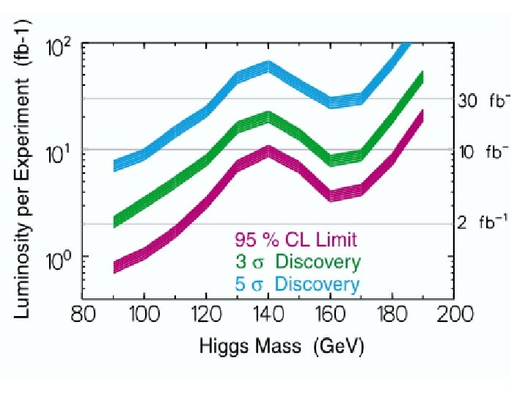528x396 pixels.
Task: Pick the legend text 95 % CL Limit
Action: (x=296, y=239)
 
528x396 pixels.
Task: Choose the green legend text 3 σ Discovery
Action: (x=298, y=262)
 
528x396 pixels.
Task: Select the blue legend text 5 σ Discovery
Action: (x=298, y=284)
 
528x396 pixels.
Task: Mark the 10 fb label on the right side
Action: (x=484, y=153)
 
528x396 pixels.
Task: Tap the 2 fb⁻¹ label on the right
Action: (x=483, y=221)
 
